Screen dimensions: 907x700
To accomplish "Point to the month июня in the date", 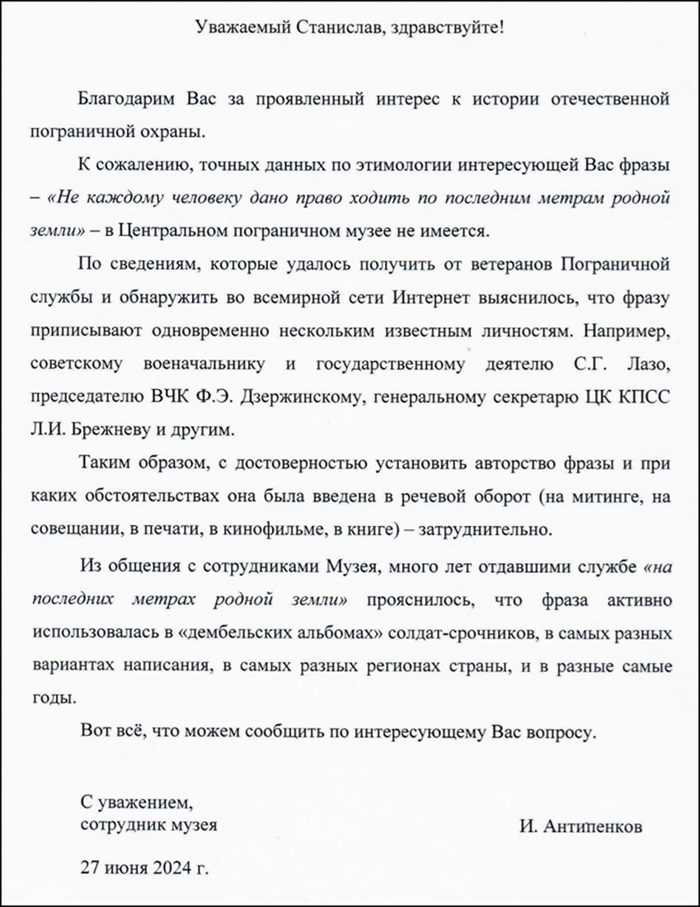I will [x=123, y=867].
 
